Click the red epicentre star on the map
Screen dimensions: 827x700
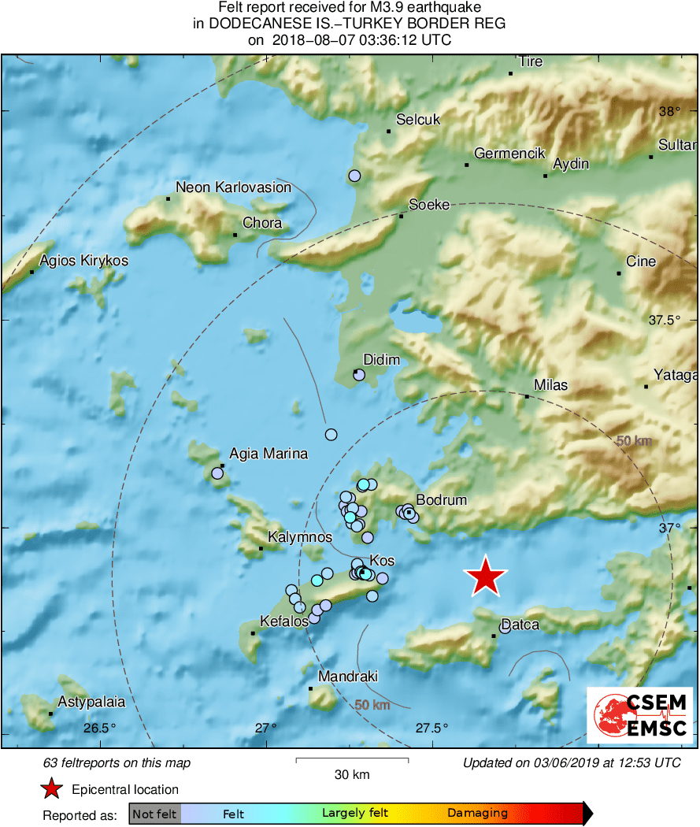[486, 577]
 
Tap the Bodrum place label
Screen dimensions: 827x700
[441, 500]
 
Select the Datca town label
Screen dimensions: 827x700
[520, 625]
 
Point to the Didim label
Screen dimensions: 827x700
[381, 360]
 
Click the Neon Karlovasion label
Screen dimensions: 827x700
[233, 187]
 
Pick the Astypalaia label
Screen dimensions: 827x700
[91, 702]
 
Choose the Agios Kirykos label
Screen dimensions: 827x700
[83, 261]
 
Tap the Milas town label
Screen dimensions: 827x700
[550, 386]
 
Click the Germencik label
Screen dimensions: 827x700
[509, 154]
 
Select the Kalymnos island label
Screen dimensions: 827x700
[300, 537]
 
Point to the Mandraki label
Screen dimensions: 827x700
[348, 677]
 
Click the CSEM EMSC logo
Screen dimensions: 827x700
[640, 714]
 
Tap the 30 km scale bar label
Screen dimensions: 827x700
[352, 775]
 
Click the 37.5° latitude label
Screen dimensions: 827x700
[664, 321]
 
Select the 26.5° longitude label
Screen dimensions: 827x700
[99, 729]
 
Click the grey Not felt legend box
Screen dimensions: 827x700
[154, 814]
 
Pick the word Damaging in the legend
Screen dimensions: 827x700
[478, 814]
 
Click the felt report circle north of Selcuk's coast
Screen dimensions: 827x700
[354, 176]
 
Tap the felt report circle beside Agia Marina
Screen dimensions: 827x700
[217, 473]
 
